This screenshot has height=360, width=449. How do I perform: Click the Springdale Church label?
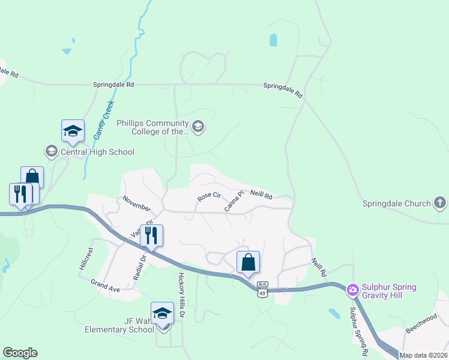click(x=396, y=203)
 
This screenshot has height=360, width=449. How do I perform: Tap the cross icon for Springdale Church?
click(x=439, y=203)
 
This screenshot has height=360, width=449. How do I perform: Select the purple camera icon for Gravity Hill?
click(x=352, y=290)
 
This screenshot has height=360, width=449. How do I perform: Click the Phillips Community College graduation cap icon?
click(x=199, y=127)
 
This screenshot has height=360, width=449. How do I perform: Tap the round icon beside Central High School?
click(x=52, y=151)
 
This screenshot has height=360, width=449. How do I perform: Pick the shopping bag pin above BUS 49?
click(x=248, y=262)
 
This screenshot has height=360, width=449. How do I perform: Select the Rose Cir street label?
click(x=209, y=196)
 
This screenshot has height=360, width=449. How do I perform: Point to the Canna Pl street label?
click(x=234, y=200)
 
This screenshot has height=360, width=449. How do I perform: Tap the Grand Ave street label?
click(x=106, y=285)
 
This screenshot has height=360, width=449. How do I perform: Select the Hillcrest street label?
click(x=86, y=259)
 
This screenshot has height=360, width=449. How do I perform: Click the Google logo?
click(x=20, y=353)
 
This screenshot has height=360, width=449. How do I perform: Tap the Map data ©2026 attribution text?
click(x=422, y=355)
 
